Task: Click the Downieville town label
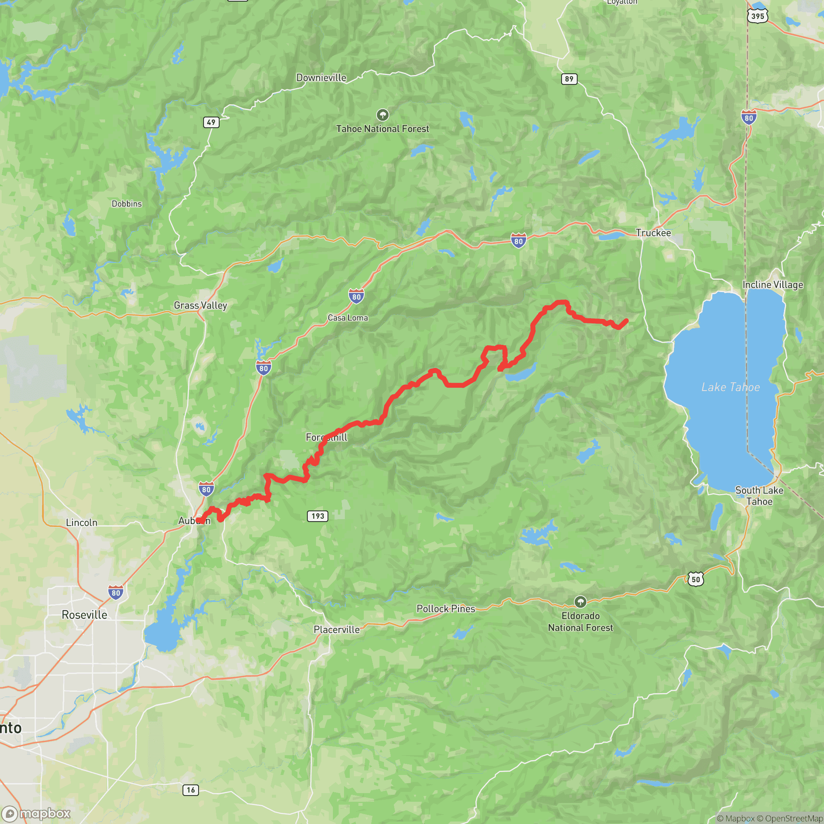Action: point(321,77)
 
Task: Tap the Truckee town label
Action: point(653,233)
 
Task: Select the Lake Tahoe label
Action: point(730,387)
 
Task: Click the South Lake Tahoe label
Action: point(759,496)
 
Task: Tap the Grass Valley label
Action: point(201,305)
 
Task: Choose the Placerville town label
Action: point(337,630)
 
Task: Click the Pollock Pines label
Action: point(446,609)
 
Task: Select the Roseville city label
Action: point(84,615)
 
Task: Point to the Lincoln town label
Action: point(82,522)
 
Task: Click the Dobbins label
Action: point(126,204)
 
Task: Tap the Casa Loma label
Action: point(348,318)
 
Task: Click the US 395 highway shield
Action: point(758,16)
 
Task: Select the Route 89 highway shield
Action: point(569,79)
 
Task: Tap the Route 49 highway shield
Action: point(211,122)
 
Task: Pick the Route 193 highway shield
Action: point(318,516)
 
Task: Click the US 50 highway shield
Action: point(695,579)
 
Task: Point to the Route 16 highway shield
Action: point(191,790)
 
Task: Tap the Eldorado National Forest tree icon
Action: point(580,602)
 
